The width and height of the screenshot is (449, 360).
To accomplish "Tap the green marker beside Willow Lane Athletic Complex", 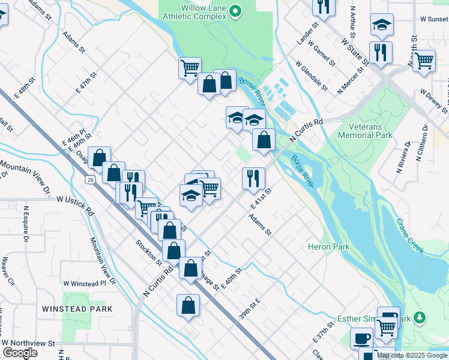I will [235, 10].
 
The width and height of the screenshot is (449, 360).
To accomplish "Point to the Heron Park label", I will [328, 247].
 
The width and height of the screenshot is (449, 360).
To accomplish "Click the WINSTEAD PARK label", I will [77, 308].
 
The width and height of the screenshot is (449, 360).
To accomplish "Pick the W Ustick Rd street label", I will [75, 205].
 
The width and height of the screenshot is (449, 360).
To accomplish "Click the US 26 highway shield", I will [89, 179].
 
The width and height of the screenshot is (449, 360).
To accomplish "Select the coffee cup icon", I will [362, 338].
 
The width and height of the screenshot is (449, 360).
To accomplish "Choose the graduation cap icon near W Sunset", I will [381, 25].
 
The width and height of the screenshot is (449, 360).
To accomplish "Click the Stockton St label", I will [149, 252].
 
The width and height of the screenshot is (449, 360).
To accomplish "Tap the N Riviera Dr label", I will [403, 157].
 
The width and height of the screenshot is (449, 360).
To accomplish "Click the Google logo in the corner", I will [20, 353].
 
